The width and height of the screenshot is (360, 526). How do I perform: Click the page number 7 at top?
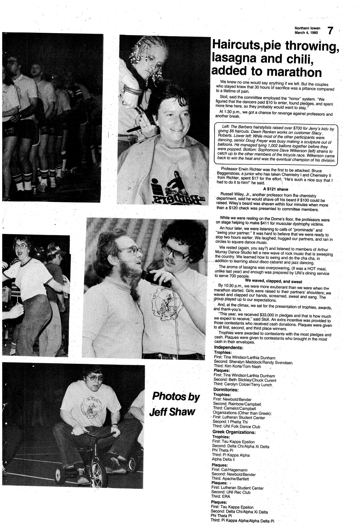tap(330, 31)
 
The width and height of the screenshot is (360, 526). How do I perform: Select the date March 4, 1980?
tap(306, 33)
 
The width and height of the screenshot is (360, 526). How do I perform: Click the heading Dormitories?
tap(226, 389)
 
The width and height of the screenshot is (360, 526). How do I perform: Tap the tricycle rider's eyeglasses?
tap(94, 378)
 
